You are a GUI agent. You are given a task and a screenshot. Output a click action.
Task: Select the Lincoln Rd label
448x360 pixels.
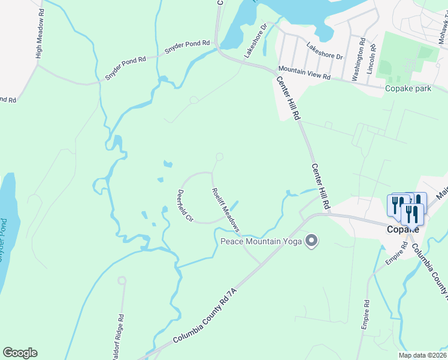[372, 56]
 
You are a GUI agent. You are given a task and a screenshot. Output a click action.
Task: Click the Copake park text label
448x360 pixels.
[408, 89]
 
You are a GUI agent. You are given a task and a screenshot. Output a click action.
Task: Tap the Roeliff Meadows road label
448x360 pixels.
[226, 210]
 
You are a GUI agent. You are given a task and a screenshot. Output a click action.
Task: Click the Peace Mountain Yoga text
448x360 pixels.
[262, 241]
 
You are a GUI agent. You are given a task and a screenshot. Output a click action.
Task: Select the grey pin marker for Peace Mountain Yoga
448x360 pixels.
[311, 241]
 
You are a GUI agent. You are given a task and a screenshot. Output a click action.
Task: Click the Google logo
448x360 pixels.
[20, 353]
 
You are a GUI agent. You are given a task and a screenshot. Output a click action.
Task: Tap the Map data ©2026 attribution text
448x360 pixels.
[422, 355]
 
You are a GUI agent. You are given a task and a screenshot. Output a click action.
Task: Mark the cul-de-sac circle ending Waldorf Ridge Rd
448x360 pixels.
[122, 280]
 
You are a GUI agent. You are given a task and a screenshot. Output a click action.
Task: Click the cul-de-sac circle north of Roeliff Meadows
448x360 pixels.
[220, 157]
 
